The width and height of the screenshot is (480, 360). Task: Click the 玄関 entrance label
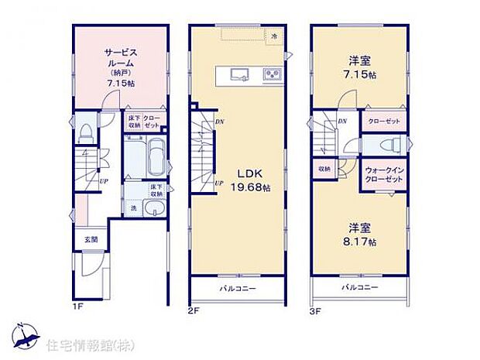(91, 240)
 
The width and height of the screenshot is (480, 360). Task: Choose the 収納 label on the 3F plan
(323, 169)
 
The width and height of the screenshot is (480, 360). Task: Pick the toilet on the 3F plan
(392, 145)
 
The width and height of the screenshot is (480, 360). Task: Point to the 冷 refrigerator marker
(273, 36)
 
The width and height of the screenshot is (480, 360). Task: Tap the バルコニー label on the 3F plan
(362, 287)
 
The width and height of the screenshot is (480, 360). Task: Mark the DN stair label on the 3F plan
(341, 122)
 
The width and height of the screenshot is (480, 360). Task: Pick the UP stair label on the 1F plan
(103, 183)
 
